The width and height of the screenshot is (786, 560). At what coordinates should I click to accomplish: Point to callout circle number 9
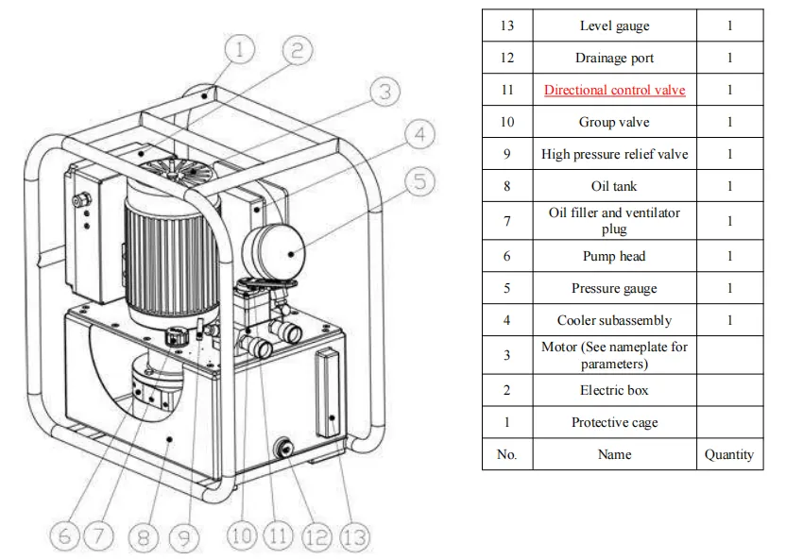tap(184, 538)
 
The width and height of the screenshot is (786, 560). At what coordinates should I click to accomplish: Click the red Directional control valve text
tap(614, 90)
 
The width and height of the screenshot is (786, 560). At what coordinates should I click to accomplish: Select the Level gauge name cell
tap(614, 25)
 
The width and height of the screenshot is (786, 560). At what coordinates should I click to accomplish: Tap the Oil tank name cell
tap(614, 186)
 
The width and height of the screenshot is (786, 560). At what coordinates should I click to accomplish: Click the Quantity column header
tap(729, 454)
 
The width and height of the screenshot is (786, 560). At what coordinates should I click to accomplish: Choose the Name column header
tap(614, 454)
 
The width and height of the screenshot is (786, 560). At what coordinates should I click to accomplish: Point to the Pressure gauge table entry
tap(614, 288)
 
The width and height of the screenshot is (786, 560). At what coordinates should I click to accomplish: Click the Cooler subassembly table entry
tap(614, 320)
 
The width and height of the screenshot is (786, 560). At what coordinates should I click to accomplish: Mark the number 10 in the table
tap(507, 122)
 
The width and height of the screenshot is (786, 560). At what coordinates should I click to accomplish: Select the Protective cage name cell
tap(614, 422)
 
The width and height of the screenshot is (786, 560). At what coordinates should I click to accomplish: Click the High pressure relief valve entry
tap(614, 154)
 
